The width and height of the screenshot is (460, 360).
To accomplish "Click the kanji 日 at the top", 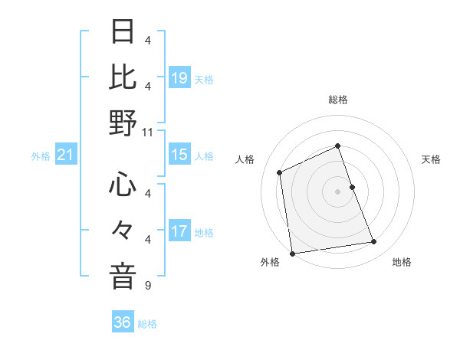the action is pos(123,33).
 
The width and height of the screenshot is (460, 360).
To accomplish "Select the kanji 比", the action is pos(123,77).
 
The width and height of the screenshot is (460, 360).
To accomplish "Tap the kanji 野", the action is pos(123,123).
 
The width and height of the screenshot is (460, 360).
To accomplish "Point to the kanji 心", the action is pos(123,185).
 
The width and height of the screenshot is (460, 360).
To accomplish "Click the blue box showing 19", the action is pos(179,77).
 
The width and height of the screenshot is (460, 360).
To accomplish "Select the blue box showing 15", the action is pos(179,155).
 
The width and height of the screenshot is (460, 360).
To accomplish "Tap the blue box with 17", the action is pos(179,231).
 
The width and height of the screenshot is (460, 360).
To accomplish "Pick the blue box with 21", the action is pos(65,155).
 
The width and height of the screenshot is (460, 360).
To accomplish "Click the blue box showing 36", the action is pos(123,322).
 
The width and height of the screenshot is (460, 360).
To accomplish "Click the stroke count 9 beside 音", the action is pos(147,286).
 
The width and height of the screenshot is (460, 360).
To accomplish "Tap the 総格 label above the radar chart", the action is pos(338,100).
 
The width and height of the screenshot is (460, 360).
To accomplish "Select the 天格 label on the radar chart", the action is pos(432,159).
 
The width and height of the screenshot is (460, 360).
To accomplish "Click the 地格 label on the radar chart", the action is pos(402,263).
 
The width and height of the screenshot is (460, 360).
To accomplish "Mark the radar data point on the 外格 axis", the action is pos(292,253).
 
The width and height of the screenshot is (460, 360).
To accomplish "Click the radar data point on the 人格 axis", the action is pos(280,172).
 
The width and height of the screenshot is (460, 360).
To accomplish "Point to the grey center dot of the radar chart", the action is pos(338,191).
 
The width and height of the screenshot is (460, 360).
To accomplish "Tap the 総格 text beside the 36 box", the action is pos(147,324).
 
